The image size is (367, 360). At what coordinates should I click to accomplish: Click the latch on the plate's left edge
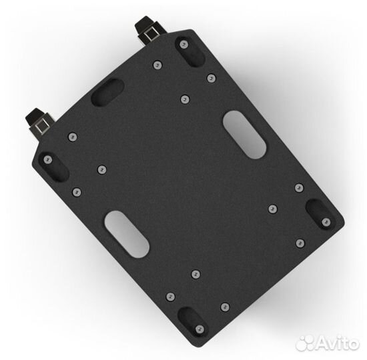39,123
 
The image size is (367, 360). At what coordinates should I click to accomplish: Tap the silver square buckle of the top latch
151,31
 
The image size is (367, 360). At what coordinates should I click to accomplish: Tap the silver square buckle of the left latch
41,125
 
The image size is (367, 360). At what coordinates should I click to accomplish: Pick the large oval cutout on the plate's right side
244,135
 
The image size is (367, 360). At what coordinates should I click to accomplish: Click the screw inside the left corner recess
47,161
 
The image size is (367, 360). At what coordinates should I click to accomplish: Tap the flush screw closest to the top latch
157,65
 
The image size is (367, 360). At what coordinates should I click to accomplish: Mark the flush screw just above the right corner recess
299,187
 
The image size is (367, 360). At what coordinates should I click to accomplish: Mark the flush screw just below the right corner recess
300,243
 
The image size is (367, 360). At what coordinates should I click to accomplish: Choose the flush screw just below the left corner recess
77,191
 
